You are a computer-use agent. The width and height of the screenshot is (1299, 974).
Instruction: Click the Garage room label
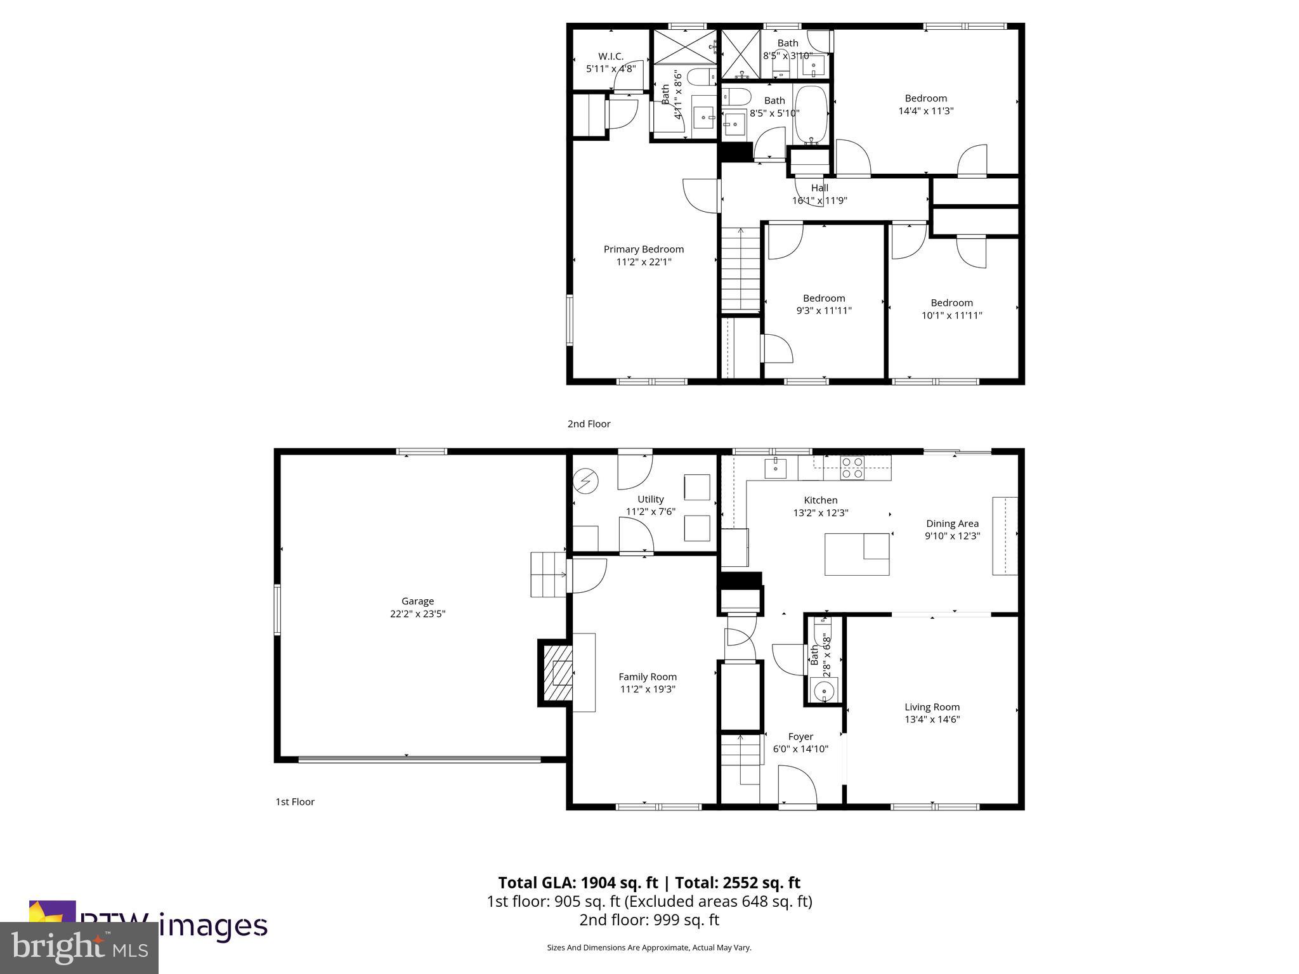tap(417, 601)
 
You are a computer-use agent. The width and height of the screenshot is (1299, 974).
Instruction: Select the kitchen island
tap(856, 554)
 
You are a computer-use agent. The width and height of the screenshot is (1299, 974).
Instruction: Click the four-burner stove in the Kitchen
tap(851, 467)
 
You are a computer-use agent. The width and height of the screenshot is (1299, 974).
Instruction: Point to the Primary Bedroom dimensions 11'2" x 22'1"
tap(643, 262)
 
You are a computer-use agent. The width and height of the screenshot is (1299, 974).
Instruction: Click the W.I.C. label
tap(610, 56)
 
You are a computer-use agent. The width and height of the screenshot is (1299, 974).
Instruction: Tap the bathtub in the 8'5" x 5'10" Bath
tap(811, 114)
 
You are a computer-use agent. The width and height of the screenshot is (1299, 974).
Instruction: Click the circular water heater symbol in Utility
tap(585, 481)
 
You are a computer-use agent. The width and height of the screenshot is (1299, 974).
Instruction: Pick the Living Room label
tap(932, 707)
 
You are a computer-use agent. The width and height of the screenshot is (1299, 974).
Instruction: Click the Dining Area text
tap(952, 524)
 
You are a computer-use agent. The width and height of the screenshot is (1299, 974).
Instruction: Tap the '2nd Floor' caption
tap(589, 424)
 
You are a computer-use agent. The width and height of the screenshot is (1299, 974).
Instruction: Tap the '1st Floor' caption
tap(295, 802)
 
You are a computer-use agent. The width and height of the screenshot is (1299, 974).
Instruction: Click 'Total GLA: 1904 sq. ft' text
tap(578, 883)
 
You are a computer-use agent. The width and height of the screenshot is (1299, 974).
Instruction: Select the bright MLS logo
tap(79, 947)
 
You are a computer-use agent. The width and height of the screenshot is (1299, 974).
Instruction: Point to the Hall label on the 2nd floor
tap(819, 188)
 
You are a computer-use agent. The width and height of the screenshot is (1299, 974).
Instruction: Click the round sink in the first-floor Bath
tap(825, 691)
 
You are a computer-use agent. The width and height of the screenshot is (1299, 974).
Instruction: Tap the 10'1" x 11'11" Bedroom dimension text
tap(951, 315)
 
